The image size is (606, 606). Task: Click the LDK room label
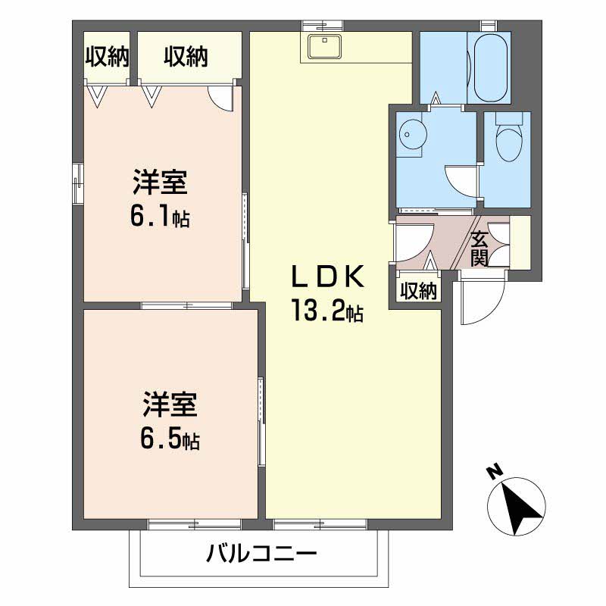pos(330,278)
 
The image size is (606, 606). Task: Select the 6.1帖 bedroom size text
pos(160,217)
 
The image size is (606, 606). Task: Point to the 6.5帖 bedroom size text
pos(170,440)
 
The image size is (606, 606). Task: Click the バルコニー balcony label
pos(261,554)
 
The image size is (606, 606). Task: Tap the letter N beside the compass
pos(495,473)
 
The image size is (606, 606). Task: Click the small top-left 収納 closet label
pos(107,57)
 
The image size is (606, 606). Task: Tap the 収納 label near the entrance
pos(418,291)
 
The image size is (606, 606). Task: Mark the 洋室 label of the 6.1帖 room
pos(160,184)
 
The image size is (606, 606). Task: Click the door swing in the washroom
pos(460,182)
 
